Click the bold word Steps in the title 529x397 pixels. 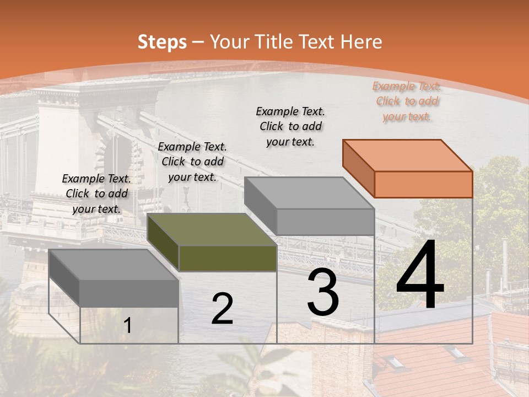click(162, 42)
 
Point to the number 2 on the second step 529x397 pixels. click(222, 309)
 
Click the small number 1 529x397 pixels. click(127, 326)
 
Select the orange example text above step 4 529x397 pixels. click(407, 101)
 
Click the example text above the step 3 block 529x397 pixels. click(290, 126)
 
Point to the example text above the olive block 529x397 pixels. click(192, 162)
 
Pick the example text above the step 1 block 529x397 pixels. click(96, 194)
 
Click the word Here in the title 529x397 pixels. click(361, 42)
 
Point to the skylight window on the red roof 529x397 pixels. click(395, 362)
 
